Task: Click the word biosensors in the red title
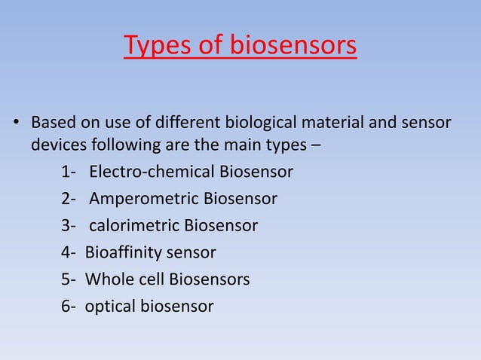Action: pos(290,47)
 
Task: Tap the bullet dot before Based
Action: pos(13,123)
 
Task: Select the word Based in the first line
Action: pos(52,122)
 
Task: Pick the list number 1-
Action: pos(69,172)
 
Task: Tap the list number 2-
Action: pos(69,199)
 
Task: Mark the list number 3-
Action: pos(69,225)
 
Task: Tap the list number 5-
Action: pos(69,279)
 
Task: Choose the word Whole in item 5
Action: pos(108,279)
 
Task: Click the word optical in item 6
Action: pos(109,307)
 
